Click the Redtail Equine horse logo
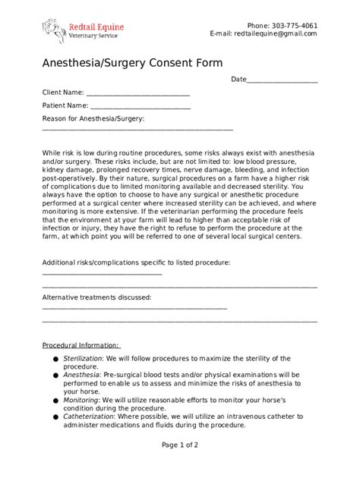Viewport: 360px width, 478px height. point(53,32)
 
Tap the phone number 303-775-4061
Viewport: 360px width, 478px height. point(292,25)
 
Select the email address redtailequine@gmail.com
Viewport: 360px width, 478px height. point(276,34)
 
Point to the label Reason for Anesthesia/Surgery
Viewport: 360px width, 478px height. point(93,118)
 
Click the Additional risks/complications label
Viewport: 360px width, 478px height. point(136,262)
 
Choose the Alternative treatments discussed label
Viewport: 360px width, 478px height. point(96,297)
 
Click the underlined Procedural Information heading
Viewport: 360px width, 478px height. point(81,344)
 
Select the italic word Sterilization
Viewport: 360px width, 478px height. point(81,357)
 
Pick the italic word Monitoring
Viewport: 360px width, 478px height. point(81,400)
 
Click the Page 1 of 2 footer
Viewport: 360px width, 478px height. point(180,445)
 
